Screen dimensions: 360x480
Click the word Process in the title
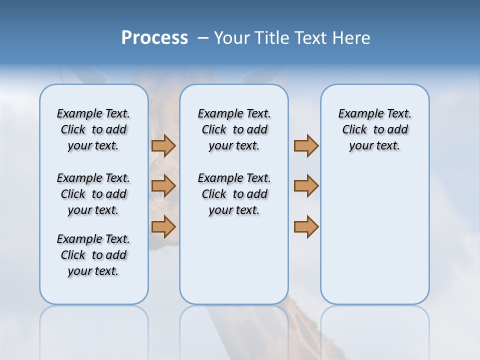pos(154,37)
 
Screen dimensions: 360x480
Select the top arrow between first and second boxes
pos(163,145)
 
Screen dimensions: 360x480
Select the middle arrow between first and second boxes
pos(163,186)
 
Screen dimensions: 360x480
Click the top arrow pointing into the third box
pos(306,145)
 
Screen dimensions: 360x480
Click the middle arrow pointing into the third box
pos(306,186)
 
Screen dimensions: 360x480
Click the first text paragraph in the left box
pos(93,129)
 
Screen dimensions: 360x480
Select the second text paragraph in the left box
pos(93,194)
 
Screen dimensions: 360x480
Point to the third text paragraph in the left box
pos(93,255)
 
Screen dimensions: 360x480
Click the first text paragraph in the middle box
pos(234,129)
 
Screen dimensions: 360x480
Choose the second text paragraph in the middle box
pos(234,194)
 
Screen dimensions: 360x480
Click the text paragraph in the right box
pos(374,129)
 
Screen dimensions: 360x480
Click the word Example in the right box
pos(356,114)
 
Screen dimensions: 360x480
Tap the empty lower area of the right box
pos(374,240)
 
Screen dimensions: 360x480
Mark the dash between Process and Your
pos(203,38)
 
